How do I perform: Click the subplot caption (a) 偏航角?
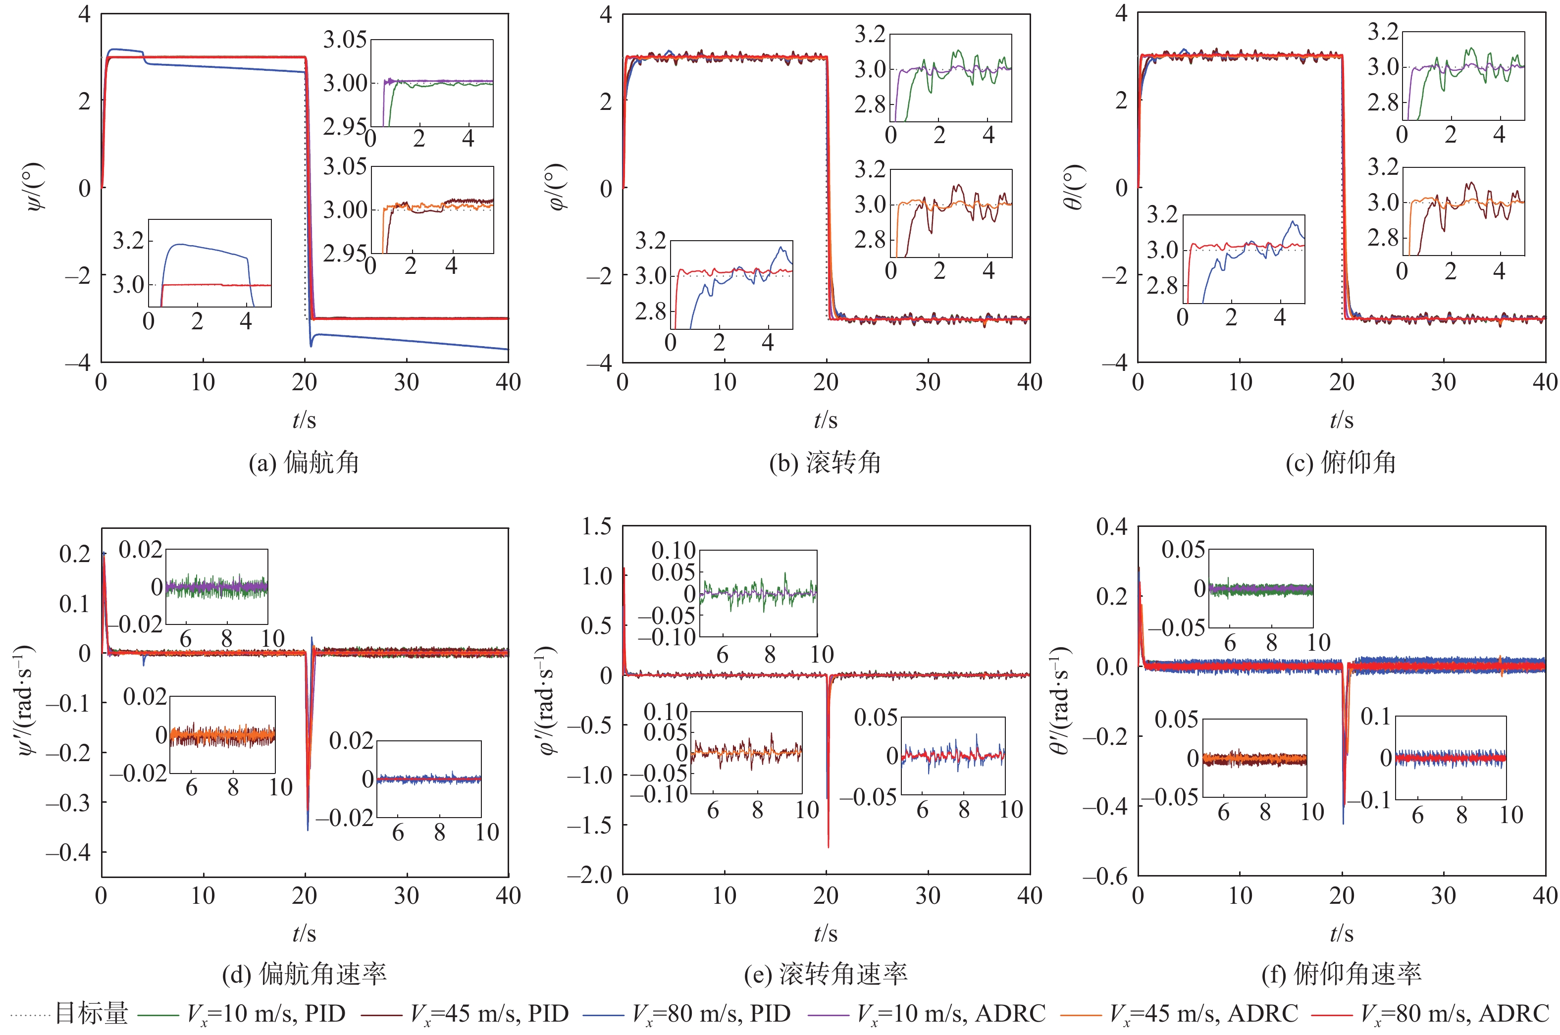pos(304,463)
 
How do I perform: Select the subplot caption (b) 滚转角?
pos(825,463)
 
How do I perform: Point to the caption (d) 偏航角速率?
pos(304,974)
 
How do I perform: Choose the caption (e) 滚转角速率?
pos(825,974)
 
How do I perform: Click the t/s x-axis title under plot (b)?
pos(825,420)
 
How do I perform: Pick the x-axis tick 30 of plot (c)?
pos(1443,382)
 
